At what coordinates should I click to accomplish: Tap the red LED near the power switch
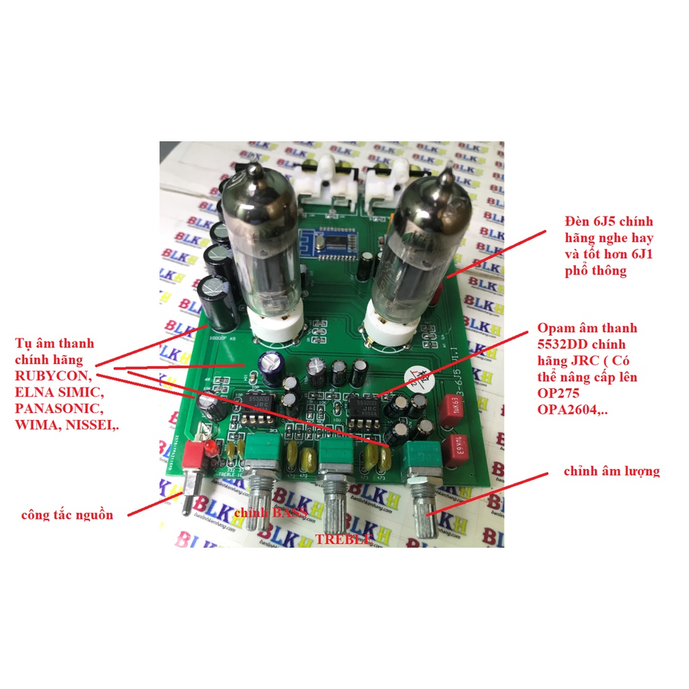[x=211, y=448]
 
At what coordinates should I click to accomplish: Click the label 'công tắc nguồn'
[x=67, y=515]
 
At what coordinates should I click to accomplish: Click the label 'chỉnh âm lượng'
[x=611, y=471]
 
